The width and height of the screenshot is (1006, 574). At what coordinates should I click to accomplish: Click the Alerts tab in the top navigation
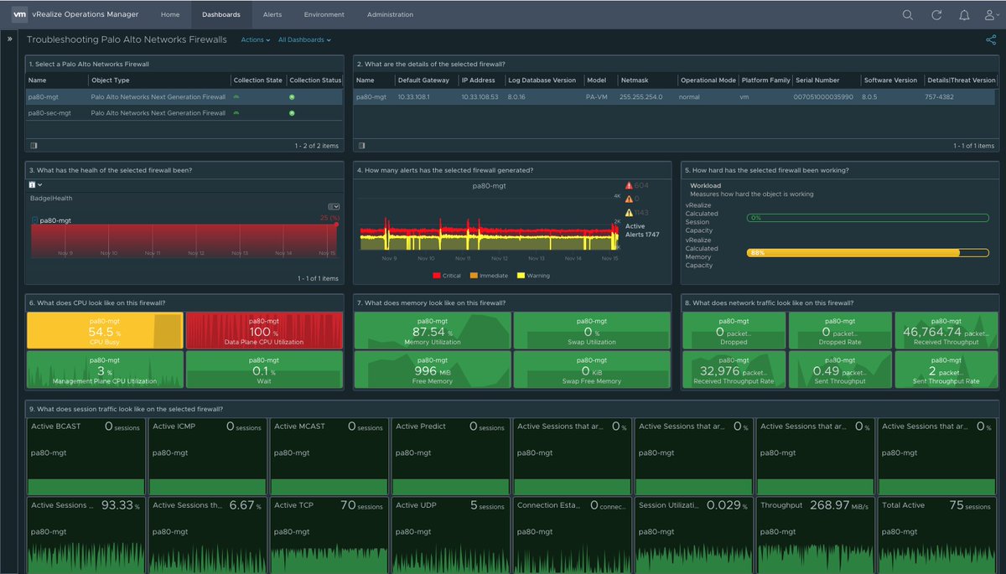pyautogui.click(x=272, y=14)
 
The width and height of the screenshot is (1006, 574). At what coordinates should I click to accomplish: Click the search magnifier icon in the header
pyautogui.click(x=908, y=15)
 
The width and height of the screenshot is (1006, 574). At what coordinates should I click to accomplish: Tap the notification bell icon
pyautogui.click(x=964, y=15)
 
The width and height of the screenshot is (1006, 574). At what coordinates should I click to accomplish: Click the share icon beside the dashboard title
pyautogui.click(x=991, y=39)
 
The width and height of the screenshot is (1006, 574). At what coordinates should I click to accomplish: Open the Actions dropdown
pyautogui.click(x=254, y=39)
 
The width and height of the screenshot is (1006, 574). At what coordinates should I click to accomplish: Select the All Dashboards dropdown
pyautogui.click(x=303, y=39)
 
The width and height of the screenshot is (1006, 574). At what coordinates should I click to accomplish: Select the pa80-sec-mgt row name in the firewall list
pyautogui.click(x=48, y=112)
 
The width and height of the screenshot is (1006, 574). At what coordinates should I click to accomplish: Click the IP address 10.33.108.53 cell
pyautogui.click(x=480, y=96)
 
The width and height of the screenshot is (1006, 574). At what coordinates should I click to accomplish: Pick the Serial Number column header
pyautogui.click(x=817, y=80)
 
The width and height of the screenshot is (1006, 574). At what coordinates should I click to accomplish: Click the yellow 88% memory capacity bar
pyautogui.click(x=853, y=252)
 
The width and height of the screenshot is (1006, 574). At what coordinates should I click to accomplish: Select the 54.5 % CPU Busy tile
pyautogui.click(x=105, y=330)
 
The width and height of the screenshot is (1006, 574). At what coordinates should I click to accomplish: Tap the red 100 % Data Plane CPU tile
pyautogui.click(x=264, y=330)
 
